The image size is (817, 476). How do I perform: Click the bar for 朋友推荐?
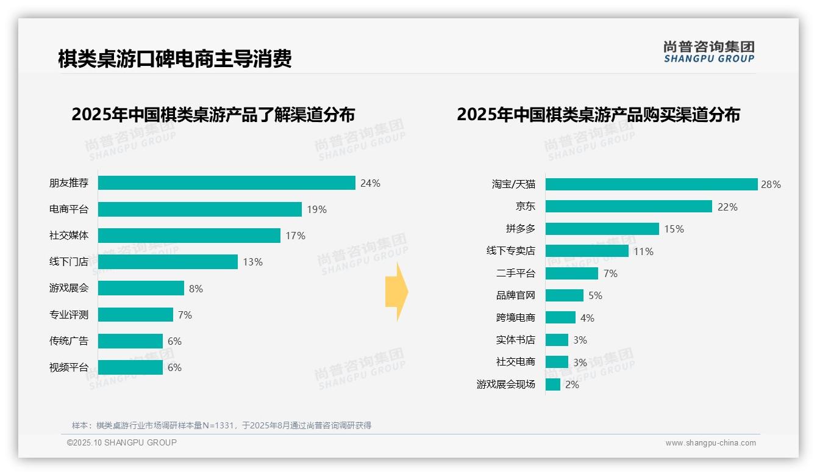(x=226, y=183)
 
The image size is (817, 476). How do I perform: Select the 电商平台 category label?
(x=68, y=209)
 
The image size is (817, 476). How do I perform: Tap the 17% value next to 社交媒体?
(x=295, y=236)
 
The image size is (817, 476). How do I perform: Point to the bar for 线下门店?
(x=168, y=262)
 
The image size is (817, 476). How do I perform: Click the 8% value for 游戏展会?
(x=196, y=289)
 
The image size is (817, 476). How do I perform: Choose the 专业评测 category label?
(x=68, y=315)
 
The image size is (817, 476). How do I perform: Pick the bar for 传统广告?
(x=130, y=341)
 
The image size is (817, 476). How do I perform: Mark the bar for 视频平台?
(x=130, y=367)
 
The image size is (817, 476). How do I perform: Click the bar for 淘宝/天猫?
(x=651, y=184)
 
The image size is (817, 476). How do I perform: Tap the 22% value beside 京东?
(x=727, y=207)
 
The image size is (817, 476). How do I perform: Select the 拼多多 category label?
(x=520, y=229)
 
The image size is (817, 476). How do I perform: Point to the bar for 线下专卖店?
(x=587, y=251)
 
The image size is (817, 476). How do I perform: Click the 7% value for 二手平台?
(x=610, y=273)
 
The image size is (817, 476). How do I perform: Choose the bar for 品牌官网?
(x=565, y=295)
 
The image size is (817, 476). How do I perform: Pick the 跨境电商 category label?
(x=515, y=317)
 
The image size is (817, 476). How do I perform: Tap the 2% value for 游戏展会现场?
(x=572, y=385)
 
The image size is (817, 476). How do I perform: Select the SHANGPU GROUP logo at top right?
(x=708, y=52)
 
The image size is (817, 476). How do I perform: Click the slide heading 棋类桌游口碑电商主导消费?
(x=175, y=59)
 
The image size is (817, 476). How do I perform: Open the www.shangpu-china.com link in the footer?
(x=710, y=443)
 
